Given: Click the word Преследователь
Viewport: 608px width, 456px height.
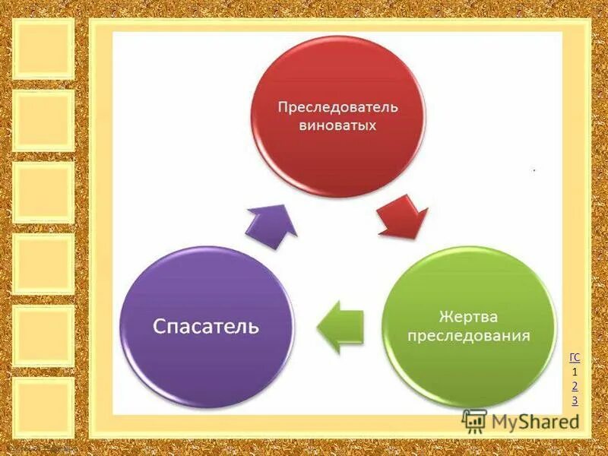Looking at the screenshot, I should click(337, 107).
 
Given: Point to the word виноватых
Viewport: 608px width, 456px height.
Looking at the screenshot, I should click(337, 125).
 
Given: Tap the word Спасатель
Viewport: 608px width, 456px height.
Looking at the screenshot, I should click(206, 327).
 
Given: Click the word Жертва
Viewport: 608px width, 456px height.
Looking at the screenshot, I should click(467, 315).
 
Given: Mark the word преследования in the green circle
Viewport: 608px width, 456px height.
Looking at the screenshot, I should click(467, 334).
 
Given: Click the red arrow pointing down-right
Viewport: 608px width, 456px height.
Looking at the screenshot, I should click(401, 216).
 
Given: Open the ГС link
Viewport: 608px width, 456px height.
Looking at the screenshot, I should click(575, 357).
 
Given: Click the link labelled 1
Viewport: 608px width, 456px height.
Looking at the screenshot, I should click(575, 372).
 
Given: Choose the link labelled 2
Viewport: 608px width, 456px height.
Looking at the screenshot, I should click(575, 386).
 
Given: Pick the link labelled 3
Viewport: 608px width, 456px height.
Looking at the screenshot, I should click(575, 401).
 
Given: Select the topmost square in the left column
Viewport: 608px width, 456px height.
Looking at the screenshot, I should click(43, 48).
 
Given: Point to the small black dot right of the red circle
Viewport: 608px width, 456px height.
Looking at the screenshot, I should click(534, 172).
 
